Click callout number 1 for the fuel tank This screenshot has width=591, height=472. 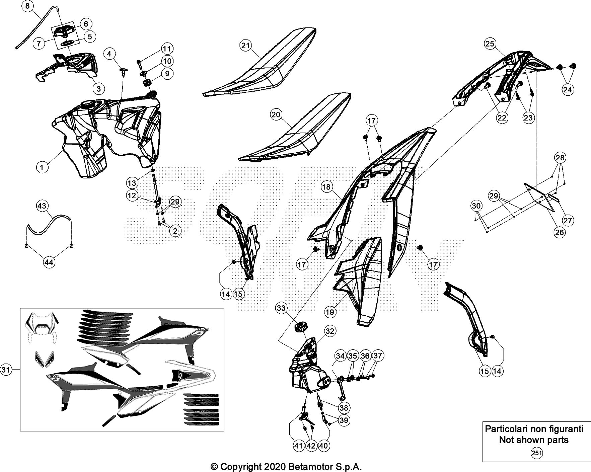coord(42,167)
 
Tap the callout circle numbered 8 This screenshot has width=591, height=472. coord(27,6)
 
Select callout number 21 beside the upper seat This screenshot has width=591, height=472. coord(246,46)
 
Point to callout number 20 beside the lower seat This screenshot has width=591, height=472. coord(276,115)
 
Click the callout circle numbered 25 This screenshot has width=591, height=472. coord(490,44)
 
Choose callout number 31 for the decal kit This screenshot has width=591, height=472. coord(6,370)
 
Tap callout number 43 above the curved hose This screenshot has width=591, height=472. coord(42,206)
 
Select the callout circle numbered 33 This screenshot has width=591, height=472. coord(281,308)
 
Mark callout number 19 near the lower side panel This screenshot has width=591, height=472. coord(330,312)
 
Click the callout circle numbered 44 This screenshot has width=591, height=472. coord(49,263)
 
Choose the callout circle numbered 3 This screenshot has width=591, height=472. coord(98,88)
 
